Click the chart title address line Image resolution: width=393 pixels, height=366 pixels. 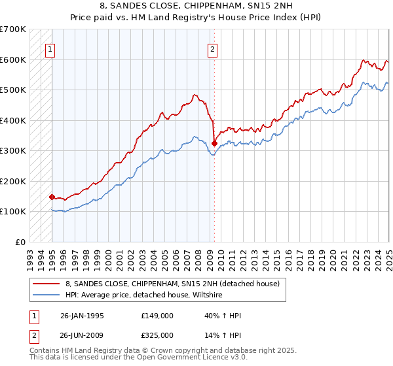point(196,7)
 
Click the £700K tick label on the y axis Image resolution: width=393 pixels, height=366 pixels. point(13,29)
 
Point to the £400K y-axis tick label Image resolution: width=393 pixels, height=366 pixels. point(13,120)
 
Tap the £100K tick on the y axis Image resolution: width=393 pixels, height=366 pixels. point(13,211)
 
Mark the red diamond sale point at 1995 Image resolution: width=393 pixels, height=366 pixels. point(52,196)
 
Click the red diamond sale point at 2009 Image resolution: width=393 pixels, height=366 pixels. point(214,142)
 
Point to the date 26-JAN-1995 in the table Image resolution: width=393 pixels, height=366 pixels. point(82,316)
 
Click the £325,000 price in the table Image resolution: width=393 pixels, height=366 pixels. point(157,335)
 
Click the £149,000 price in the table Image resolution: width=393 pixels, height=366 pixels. point(157,316)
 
